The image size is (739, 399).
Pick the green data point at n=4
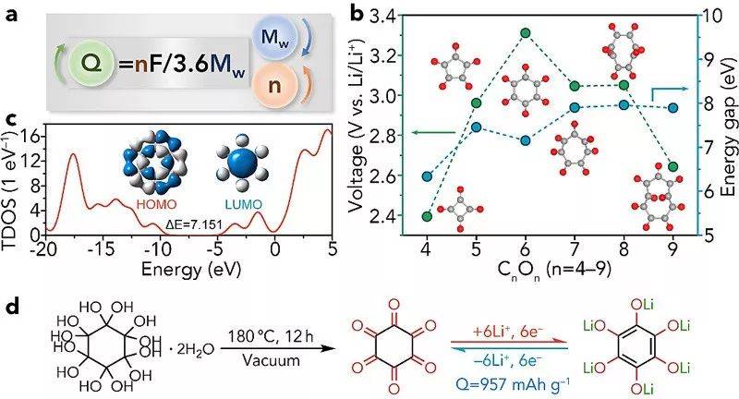click(427, 216)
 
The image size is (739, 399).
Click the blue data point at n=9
click(672, 108)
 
